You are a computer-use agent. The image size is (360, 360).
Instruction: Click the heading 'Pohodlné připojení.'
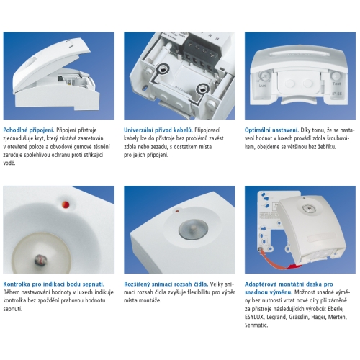pyautogui.click(x=29, y=130)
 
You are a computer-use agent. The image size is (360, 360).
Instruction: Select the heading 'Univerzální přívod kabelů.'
pyautogui.click(x=158, y=130)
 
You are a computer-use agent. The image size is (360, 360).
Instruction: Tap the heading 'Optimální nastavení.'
pyautogui.click(x=271, y=130)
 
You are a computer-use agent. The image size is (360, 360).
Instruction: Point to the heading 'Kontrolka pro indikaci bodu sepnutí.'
pyautogui.click(x=54, y=284)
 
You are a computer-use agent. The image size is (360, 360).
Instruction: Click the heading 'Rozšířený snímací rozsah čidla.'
pyautogui.click(x=166, y=284)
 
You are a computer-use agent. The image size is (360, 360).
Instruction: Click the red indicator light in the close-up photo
pyautogui.click(x=66, y=204)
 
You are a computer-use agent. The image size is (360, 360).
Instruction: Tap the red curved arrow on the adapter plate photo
pyautogui.click(x=279, y=261)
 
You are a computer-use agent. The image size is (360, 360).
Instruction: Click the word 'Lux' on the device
pyautogui.click(x=262, y=86)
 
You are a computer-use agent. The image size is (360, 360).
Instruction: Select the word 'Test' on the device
pyautogui.click(x=336, y=84)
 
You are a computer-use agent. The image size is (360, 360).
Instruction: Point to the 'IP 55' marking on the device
pyautogui.click(x=337, y=94)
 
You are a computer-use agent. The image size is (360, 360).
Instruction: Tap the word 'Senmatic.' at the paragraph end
pyautogui.click(x=256, y=325)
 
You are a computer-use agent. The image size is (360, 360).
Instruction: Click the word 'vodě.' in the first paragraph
pyautogui.click(x=9, y=163)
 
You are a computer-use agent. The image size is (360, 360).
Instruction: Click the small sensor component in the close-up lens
pyautogui.click(x=39, y=260)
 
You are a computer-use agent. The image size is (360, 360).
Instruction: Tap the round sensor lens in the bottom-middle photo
pyautogui.click(x=193, y=229)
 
